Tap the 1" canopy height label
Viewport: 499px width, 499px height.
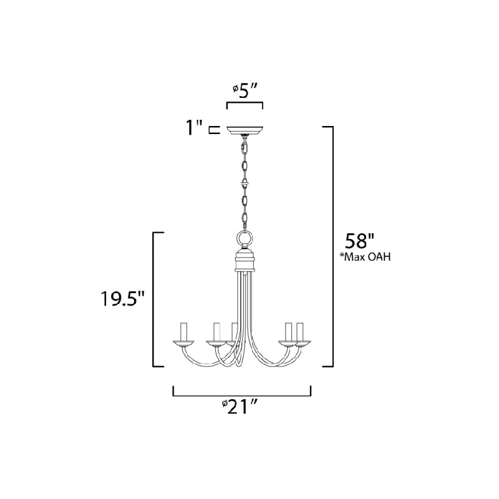coord(195,128)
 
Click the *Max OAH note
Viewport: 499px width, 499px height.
coord(367,256)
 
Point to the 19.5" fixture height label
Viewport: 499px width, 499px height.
coord(122,299)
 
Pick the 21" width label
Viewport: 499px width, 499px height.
coord(240,407)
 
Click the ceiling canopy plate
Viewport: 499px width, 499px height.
coord(245,130)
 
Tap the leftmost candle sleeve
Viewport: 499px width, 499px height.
coord(183,332)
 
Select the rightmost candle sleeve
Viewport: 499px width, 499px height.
coord(299,332)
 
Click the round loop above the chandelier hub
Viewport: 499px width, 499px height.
coord(245,238)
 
